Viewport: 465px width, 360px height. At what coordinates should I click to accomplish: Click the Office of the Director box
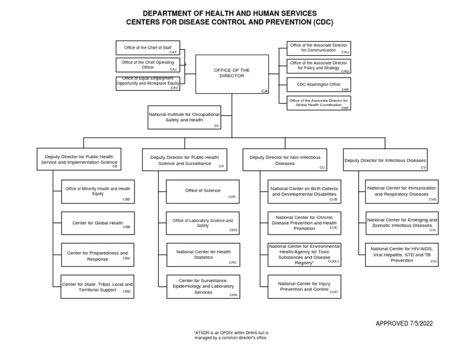(x=232, y=74)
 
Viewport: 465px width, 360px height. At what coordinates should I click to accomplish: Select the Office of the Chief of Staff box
(x=148, y=47)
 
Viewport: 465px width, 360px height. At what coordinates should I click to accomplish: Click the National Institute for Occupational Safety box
(x=185, y=117)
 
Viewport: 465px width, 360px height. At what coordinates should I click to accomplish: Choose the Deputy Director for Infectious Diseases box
(x=385, y=160)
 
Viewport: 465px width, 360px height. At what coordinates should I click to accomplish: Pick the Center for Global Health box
(x=97, y=223)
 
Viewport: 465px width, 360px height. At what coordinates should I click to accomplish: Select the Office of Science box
(x=203, y=191)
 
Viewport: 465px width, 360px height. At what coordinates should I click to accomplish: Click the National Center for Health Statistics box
(x=203, y=255)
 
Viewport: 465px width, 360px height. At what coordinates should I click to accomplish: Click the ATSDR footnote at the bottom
(x=231, y=335)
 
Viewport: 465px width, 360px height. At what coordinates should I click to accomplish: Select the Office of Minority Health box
(x=97, y=191)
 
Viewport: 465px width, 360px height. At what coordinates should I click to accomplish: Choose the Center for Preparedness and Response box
(x=97, y=255)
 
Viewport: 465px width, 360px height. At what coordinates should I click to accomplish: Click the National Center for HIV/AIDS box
(x=402, y=255)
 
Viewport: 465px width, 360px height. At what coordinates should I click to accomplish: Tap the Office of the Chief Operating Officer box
(x=148, y=65)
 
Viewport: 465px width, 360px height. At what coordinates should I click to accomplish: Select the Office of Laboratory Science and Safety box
(x=203, y=223)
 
